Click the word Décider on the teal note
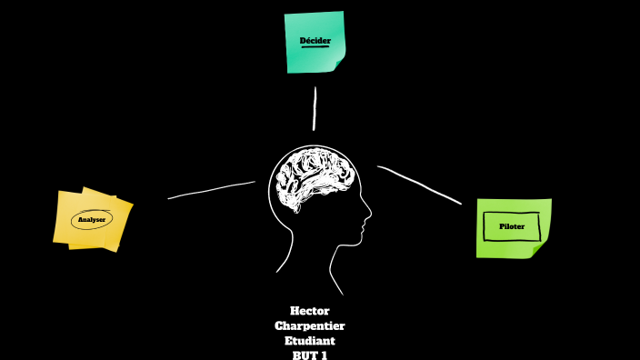[315, 41]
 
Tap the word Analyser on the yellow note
[92, 220]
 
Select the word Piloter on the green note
[512, 225]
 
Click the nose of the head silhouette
[368, 217]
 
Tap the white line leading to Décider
[315, 108]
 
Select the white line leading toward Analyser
[212, 189]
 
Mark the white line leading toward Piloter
[419, 184]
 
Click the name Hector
[309, 311]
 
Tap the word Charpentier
[309, 325]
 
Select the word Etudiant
[309, 340]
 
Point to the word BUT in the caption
[303, 355]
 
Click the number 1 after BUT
[325, 355]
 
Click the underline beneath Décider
[315, 47]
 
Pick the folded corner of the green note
[543, 252]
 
